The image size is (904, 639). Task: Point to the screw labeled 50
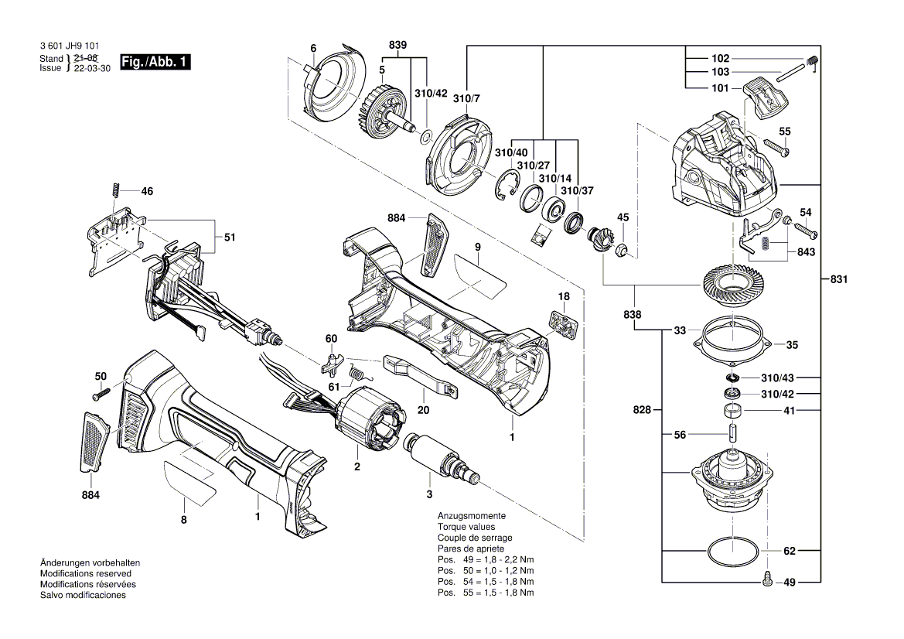(100, 395)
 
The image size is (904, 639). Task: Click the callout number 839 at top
(397, 46)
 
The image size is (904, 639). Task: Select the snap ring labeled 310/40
(501, 187)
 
